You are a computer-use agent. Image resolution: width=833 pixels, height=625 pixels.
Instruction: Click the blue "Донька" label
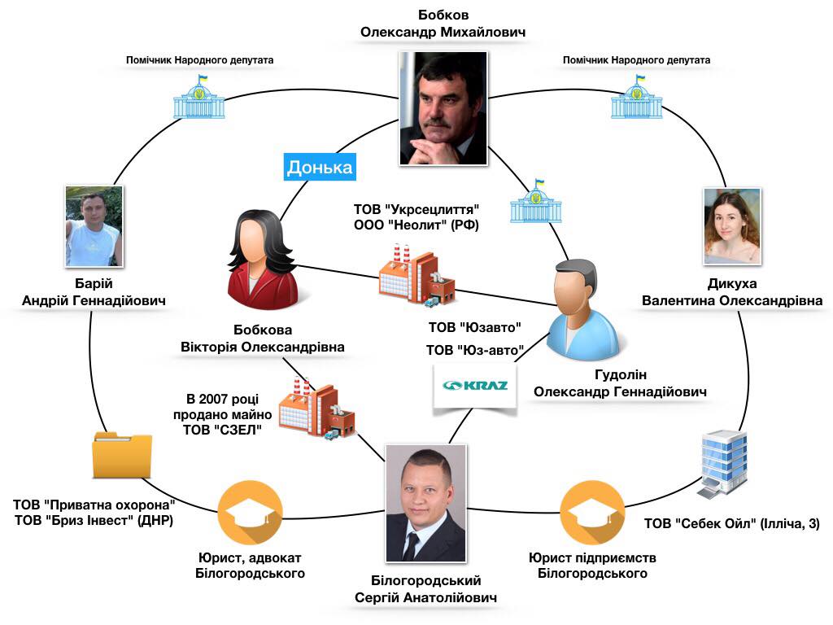[319, 167]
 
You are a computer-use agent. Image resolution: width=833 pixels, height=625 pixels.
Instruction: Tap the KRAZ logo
[475, 386]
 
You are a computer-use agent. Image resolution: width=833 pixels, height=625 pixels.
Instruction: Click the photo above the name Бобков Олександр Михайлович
[443, 107]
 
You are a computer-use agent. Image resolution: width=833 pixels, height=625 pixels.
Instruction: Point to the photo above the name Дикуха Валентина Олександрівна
[732, 226]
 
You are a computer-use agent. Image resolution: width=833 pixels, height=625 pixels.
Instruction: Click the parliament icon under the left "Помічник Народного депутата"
[198, 98]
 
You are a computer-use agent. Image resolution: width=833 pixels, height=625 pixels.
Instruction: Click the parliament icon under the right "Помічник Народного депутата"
[636, 98]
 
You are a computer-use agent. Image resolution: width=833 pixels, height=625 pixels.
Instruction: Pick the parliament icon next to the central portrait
[535, 201]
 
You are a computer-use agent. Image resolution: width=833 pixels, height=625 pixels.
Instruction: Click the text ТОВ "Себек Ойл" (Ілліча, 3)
[731, 523]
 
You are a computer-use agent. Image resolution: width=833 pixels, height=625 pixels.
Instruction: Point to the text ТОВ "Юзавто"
[475, 329]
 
